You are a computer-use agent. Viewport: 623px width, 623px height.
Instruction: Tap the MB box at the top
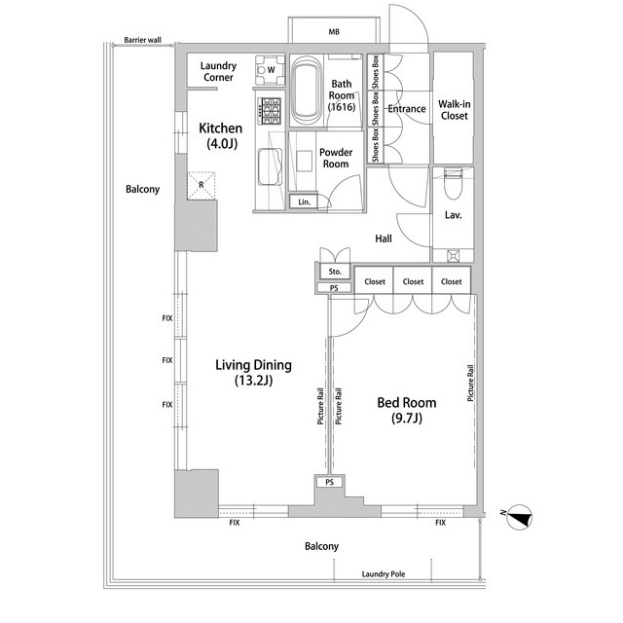click(334, 32)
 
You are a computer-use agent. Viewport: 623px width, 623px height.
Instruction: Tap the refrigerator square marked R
click(202, 184)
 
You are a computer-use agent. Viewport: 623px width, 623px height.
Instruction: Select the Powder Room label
click(335, 158)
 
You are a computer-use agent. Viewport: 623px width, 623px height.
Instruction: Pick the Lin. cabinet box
click(305, 202)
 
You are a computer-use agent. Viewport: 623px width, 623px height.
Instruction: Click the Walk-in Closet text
click(453, 109)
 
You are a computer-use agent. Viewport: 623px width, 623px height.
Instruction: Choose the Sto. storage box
click(333, 272)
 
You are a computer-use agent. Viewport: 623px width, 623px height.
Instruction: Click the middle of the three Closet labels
click(413, 281)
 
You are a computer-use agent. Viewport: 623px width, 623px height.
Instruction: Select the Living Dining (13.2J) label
click(253, 373)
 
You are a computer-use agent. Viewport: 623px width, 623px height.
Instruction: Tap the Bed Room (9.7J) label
click(406, 410)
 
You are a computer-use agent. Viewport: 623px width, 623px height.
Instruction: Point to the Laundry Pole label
click(384, 574)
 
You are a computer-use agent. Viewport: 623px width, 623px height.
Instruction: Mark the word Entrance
click(407, 109)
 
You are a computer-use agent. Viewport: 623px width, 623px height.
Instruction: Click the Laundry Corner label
click(218, 71)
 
